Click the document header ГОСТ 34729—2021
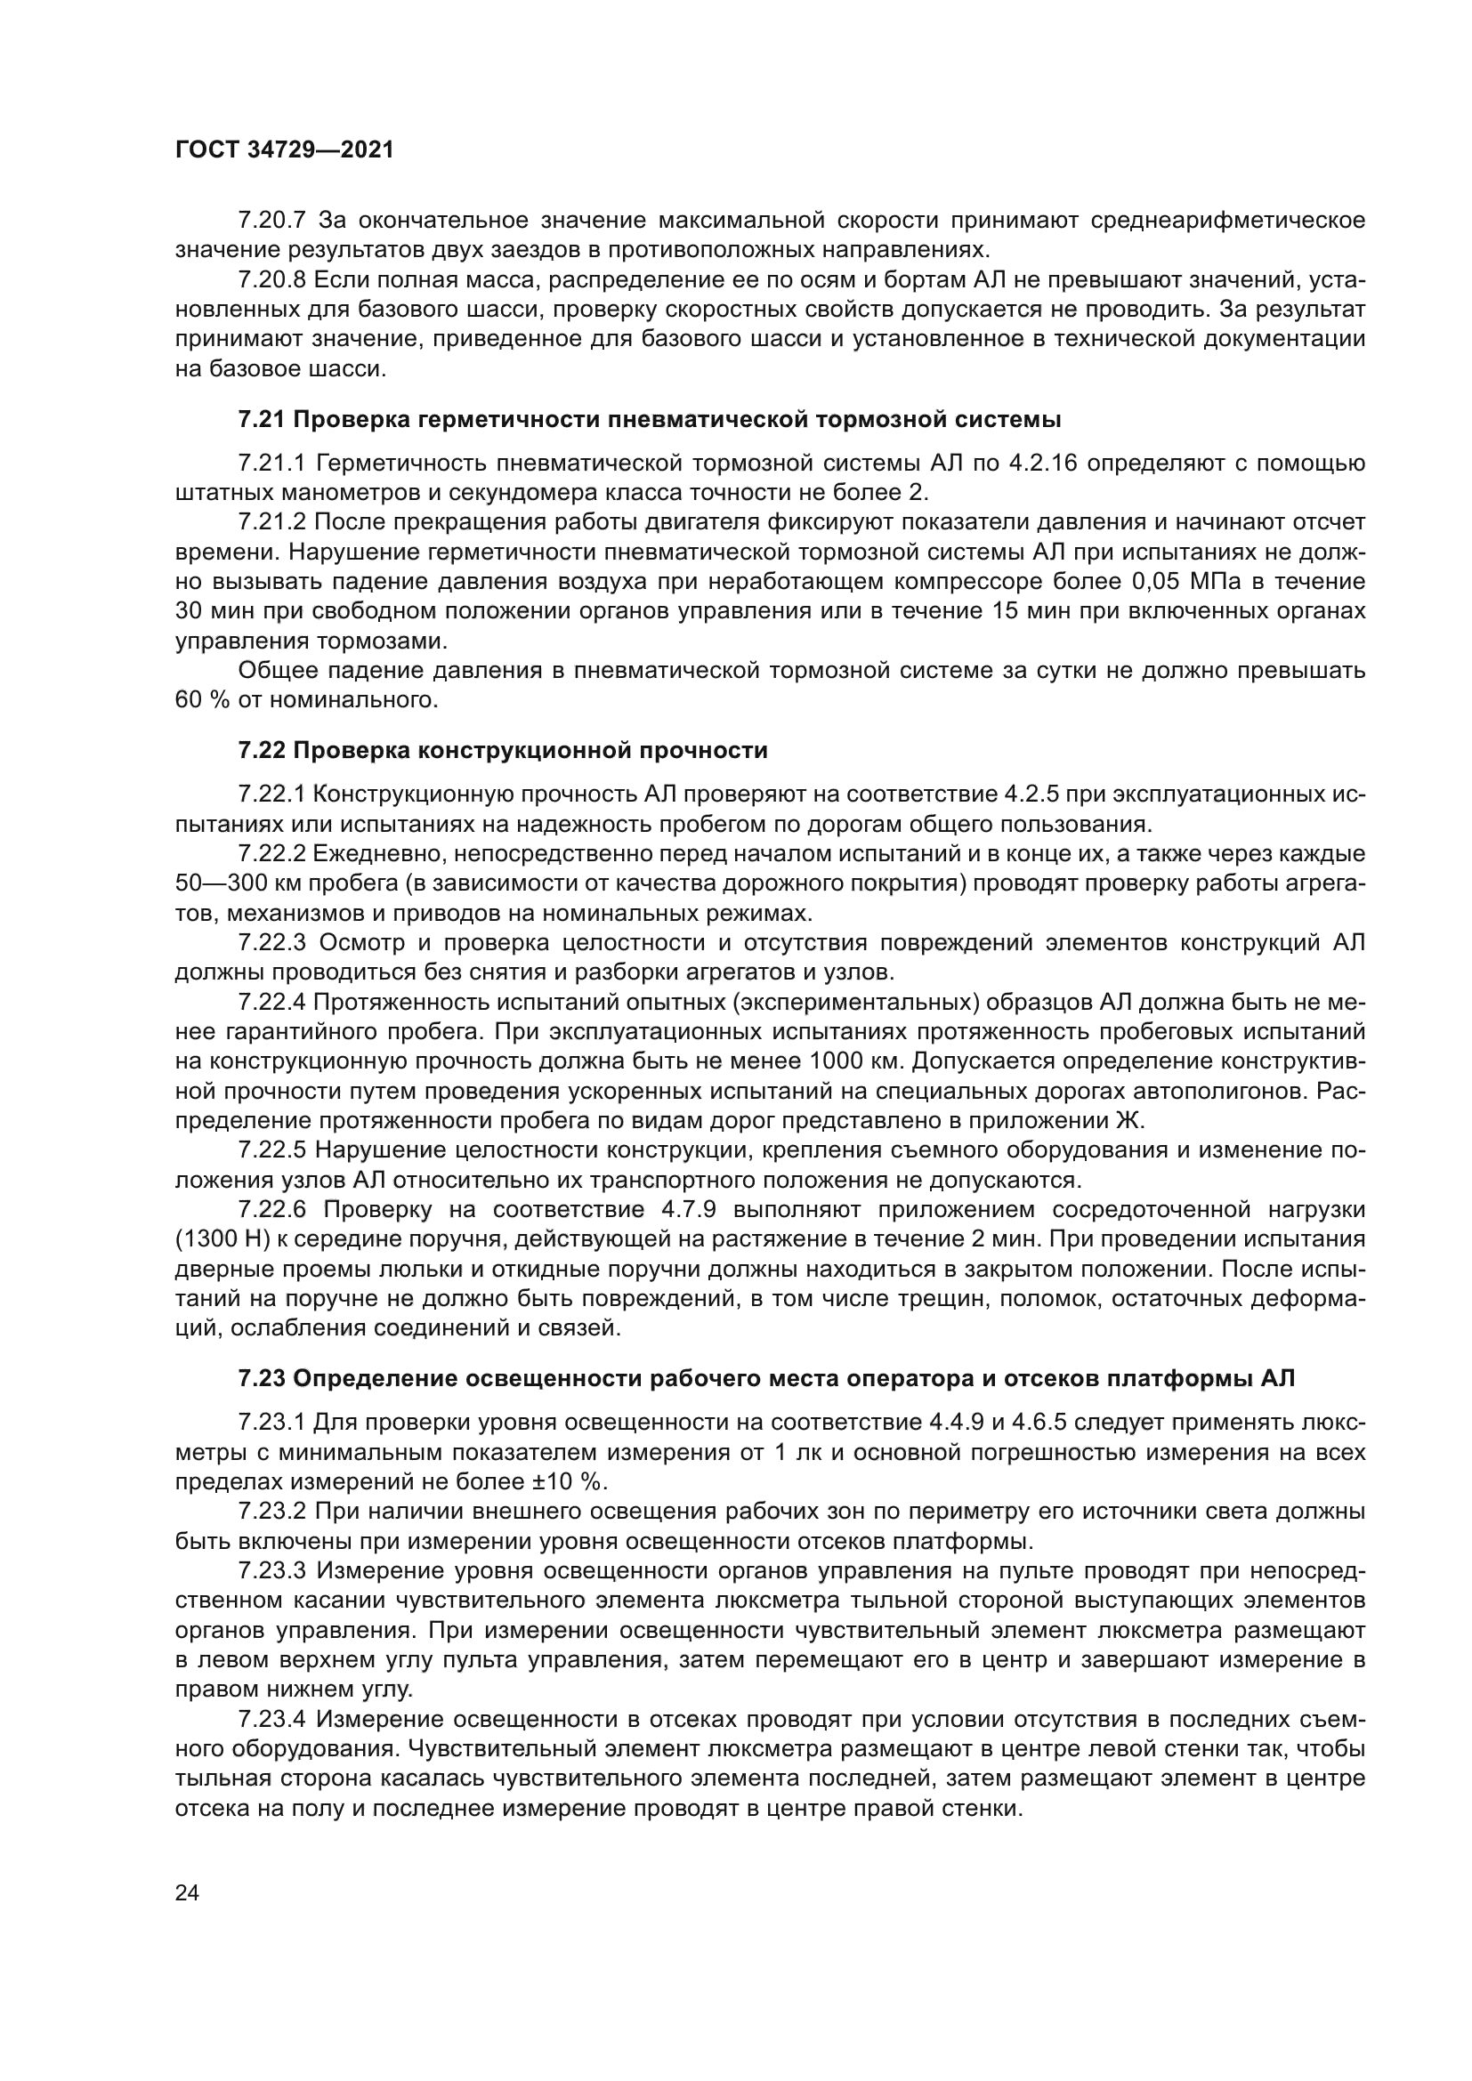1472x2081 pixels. pos(285,150)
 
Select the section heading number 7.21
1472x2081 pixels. pos(261,420)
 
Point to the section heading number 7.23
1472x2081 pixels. pos(261,1378)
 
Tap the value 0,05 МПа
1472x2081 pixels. pos(1185,581)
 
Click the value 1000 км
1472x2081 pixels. pos(848,1061)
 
